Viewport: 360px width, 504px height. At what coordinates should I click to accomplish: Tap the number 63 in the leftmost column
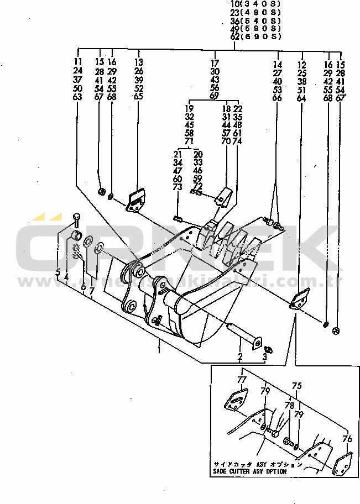click(77, 97)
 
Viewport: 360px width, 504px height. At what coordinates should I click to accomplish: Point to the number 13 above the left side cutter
click(138, 62)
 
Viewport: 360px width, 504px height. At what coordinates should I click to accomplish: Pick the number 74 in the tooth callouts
click(238, 141)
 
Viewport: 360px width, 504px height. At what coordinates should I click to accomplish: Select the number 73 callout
click(178, 188)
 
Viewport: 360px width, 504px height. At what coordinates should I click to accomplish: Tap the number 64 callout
click(302, 98)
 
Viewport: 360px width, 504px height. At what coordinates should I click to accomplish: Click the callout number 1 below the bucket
click(159, 349)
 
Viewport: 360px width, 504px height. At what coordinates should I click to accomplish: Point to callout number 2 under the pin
click(241, 356)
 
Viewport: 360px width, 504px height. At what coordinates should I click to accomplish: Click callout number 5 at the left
click(58, 272)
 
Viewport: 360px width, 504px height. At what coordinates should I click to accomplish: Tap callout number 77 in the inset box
click(241, 380)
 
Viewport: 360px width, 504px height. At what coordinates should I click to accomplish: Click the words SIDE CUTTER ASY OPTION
click(250, 472)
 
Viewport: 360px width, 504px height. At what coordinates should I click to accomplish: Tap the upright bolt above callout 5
click(76, 219)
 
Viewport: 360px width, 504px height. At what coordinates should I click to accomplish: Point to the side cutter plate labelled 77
click(236, 400)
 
